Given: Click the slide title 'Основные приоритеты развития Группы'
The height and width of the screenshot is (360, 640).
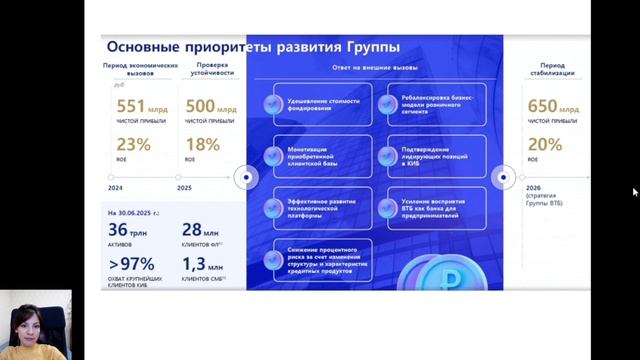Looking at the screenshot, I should (252, 47).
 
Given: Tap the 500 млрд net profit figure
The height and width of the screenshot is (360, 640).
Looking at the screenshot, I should (208, 107).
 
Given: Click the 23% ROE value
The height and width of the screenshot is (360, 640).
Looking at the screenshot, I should (133, 144).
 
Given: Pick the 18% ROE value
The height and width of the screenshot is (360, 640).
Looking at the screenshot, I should (203, 144).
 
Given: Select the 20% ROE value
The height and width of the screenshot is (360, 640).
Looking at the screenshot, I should (545, 144).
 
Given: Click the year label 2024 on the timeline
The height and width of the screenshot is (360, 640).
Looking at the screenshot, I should (115, 186).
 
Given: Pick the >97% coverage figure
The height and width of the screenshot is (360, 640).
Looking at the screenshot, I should (132, 264).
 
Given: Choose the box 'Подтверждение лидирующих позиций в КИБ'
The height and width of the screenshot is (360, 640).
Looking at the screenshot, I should (431, 157).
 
